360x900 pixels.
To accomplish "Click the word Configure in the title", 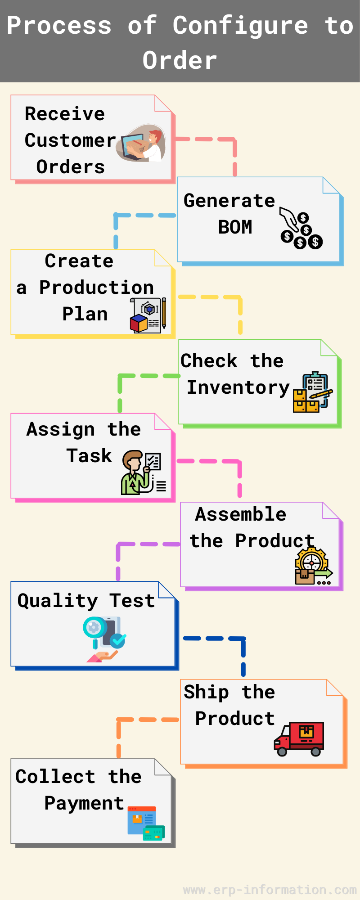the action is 240,25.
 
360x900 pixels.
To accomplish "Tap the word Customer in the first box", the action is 70,140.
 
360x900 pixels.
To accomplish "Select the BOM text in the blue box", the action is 235,227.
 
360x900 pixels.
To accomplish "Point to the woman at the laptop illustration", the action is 141,143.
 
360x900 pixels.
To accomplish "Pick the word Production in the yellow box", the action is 96,288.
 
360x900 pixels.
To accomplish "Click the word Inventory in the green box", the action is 238,387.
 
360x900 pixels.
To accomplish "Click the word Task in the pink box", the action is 89,456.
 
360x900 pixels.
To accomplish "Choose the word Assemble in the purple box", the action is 241,514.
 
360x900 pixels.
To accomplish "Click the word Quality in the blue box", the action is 58,601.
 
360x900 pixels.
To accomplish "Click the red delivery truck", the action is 299,738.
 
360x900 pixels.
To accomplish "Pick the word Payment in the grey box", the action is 84,804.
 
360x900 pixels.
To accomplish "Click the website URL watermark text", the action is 270,890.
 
